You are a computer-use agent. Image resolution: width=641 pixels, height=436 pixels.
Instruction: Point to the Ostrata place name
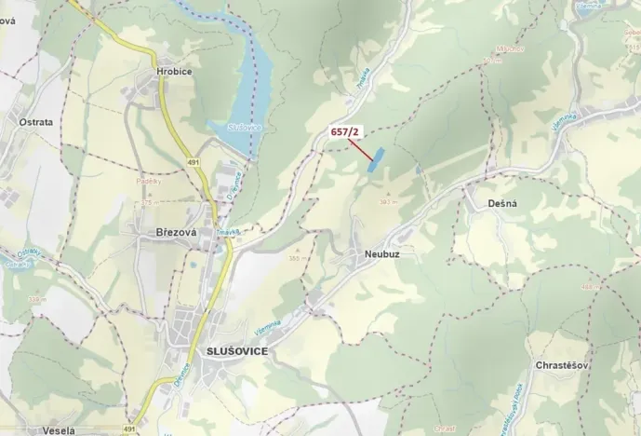point(35,121)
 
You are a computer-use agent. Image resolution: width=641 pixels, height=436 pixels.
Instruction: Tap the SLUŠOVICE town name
point(233,350)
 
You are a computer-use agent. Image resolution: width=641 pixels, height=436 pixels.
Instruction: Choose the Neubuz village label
point(375,252)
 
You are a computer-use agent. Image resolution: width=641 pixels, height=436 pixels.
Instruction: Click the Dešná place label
point(501,202)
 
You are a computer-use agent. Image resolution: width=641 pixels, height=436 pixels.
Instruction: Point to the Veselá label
point(59,429)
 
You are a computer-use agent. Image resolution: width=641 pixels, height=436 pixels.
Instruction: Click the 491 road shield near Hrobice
point(194,161)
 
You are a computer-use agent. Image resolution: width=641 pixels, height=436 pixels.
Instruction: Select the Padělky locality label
point(148,184)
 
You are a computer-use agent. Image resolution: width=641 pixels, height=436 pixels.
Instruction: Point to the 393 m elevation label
point(389,200)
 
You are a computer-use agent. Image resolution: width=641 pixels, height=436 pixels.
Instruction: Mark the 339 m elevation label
point(37,299)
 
